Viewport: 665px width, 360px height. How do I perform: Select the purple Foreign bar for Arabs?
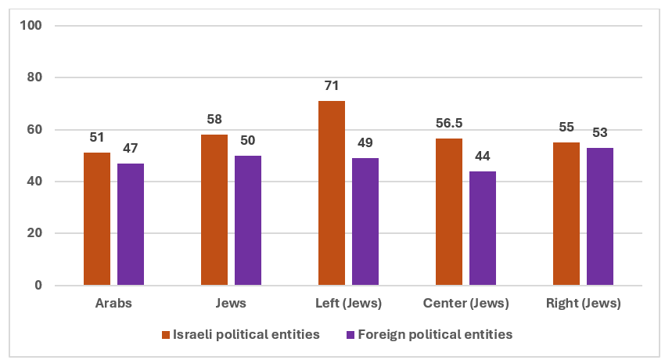131,225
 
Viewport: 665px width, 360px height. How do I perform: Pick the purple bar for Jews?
248,221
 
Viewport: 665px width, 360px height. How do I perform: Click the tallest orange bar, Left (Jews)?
332,193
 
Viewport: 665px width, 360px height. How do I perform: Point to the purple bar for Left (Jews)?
365,221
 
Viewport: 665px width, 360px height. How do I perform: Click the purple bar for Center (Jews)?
483,229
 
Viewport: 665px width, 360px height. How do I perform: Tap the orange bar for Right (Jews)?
566,214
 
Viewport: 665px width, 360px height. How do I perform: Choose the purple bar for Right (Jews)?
600,217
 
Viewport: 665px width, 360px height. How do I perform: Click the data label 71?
332,85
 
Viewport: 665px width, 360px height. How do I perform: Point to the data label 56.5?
449,123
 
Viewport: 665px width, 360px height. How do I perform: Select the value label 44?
483,156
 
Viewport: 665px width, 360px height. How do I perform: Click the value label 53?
600,132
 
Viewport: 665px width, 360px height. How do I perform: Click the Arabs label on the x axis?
113,304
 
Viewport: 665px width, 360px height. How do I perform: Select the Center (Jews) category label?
465,304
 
